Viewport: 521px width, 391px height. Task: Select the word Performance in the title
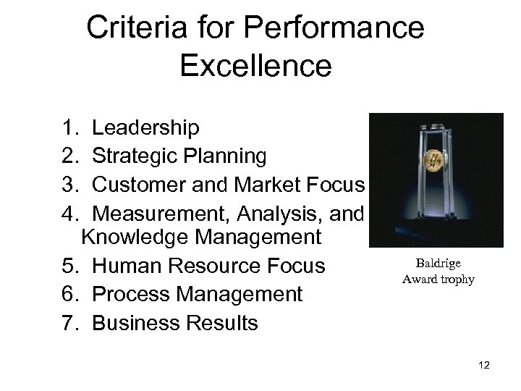pyautogui.click(x=334, y=29)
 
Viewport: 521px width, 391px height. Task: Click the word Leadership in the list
pyautogui.click(x=145, y=128)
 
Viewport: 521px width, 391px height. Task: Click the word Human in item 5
pyautogui.click(x=130, y=266)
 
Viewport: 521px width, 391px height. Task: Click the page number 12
pyautogui.click(x=484, y=366)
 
